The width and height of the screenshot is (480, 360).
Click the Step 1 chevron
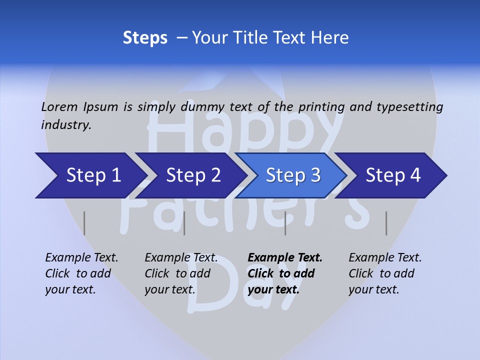(90, 175)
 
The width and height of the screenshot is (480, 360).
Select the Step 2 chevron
(192, 175)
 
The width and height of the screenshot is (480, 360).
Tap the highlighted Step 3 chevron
(292, 175)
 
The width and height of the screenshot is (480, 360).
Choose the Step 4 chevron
(392, 175)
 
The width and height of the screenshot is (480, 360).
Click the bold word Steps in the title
(145, 37)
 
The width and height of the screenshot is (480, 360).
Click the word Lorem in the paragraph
(59, 106)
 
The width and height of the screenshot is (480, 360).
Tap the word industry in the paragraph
(65, 125)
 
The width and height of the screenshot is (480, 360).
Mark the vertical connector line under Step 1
(84, 223)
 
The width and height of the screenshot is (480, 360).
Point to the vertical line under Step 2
(184, 223)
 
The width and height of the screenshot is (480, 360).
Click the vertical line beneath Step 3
(285, 223)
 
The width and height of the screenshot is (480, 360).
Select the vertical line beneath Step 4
(386, 223)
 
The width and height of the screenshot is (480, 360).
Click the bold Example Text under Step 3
(285, 258)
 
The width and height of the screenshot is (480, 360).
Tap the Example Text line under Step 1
(81, 258)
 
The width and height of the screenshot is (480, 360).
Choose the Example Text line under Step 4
(385, 258)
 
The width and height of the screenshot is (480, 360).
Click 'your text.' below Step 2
(170, 289)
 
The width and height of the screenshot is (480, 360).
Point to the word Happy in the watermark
(245, 127)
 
